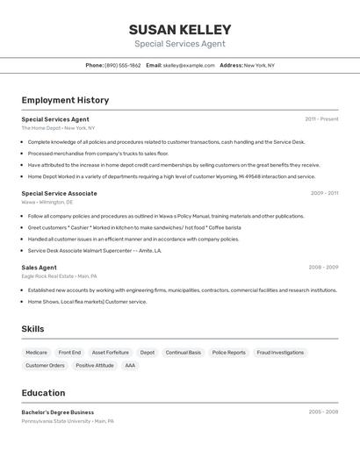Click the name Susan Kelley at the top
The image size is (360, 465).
pyautogui.click(x=180, y=30)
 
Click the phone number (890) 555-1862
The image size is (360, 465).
pyautogui.click(x=123, y=65)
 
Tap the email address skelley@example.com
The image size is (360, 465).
pyautogui.click(x=189, y=65)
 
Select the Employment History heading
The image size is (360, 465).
pyautogui.click(x=65, y=100)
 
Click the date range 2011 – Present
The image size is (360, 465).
pyautogui.click(x=321, y=119)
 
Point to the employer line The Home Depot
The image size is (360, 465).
pyautogui.click(x=54, y=128)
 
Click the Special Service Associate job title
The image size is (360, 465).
pyautogui.click(x=59, y=193)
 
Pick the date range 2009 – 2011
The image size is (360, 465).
pyautogui.click(x=324, y=193)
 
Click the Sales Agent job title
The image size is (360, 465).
pyautogui.click(x=39, y=268)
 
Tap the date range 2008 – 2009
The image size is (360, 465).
pyautogui.click(x=323, y=268)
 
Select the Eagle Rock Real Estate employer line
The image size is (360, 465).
pyautogui.click(x=60, y=276)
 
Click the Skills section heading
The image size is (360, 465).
pyautogui.click(x=33, y=329)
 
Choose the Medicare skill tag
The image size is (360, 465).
pyautogui.click(x=37, y=353)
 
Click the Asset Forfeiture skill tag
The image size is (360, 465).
pyautogui.click(x=111, y=353)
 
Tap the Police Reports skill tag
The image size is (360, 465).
pyautogui.click(x=228, y=353)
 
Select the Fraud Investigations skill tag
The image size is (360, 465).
pyautogui.click(x=280, y=353)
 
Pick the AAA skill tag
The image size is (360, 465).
pyautogui.click(x=130, y=366)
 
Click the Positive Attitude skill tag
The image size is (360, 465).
pyautogui.click(x=95, y=366)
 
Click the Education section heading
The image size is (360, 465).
pyautogui.click(x=43, y=393)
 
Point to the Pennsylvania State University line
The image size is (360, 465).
pyautogui.click(x=67, y=421)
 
